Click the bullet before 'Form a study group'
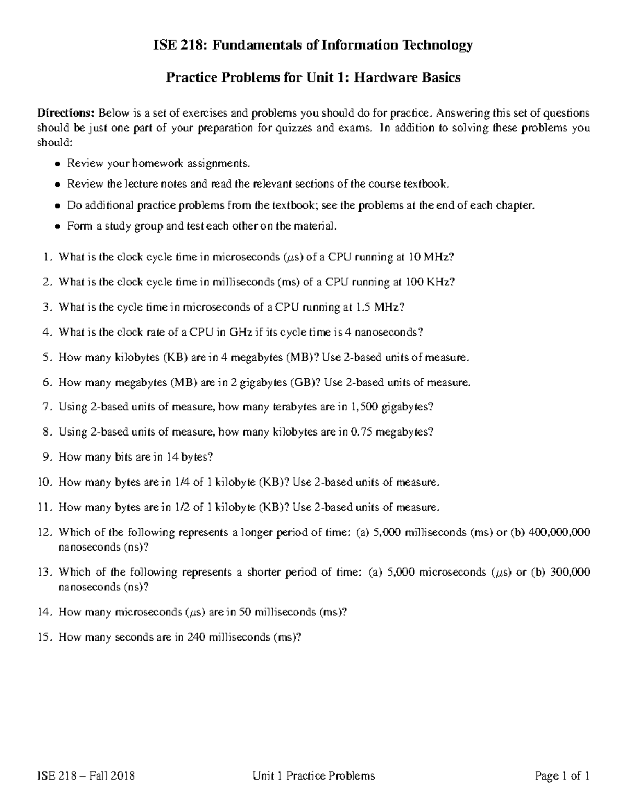tap(58, 227)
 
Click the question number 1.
tap(48, 257)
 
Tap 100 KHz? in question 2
tap(430, 282)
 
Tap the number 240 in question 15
tap(195, 637)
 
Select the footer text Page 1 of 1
tap(563, 776)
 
